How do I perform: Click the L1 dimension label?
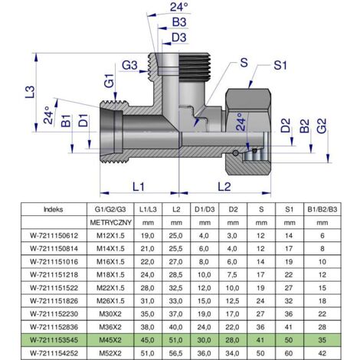(x=139, y=187)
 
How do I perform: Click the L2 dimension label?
(x=224, y=187)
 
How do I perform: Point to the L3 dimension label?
(x=30, y=92)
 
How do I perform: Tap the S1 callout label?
(x=280, y=65)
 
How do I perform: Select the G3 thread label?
(x=129, y=65)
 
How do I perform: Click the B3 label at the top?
(x=179, y=22)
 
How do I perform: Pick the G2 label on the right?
(x=322, y=126)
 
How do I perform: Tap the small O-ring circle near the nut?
(x=235, y=153)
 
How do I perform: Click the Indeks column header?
(x=54, y=209)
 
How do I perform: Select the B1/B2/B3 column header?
(x=322, y=209)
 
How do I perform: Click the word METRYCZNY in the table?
(x=110, y=223)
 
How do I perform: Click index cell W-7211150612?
(x=54, y=236)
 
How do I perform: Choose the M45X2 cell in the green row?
(x=110, y=340)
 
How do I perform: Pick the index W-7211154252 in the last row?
(x=54, y=353)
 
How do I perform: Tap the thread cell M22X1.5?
(x=110, y=288)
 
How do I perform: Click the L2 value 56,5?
(x=175, y=353)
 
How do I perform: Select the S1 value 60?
(x=289, y=353)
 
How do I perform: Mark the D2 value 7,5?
(x=233, y=275)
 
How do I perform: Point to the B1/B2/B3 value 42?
(x=322, y=353)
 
